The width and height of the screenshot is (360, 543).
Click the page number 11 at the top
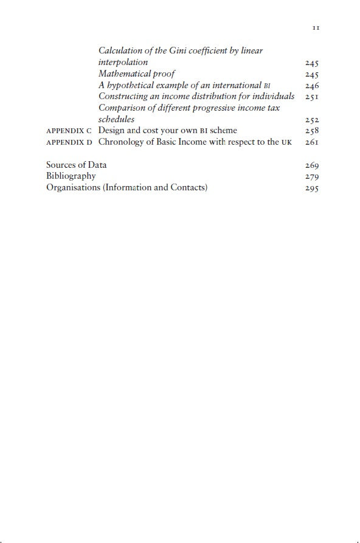pos(316,28)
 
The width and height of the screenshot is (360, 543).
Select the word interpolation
pos(123,62)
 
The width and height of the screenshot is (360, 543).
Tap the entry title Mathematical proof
pos(137,74)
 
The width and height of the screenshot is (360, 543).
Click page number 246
pos(312,86)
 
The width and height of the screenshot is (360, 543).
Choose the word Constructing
pos(123,96)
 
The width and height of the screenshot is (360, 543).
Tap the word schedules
pos(116,119)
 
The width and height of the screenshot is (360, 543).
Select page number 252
pos(312,120)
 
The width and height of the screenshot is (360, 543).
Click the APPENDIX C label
pos(69,131)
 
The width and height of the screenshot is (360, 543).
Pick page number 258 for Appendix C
pos(312,131)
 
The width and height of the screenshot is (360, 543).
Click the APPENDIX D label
pos(69,142)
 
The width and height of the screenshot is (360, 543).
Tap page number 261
pos(312,143)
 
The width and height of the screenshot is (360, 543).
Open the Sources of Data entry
pos(76,165)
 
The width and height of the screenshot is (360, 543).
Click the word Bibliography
pos(71,176)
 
